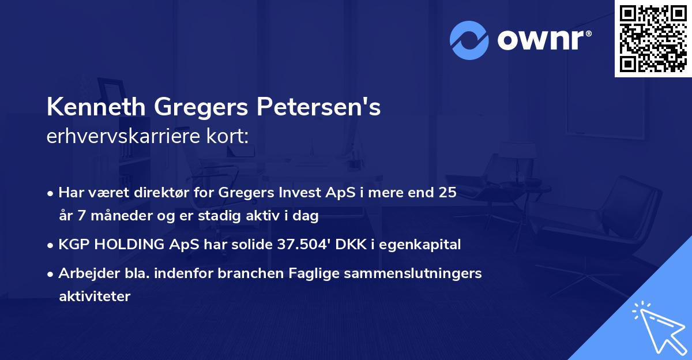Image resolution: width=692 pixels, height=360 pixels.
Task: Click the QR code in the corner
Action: [653, 38]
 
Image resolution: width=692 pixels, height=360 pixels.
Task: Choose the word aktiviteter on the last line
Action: [95, 297]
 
